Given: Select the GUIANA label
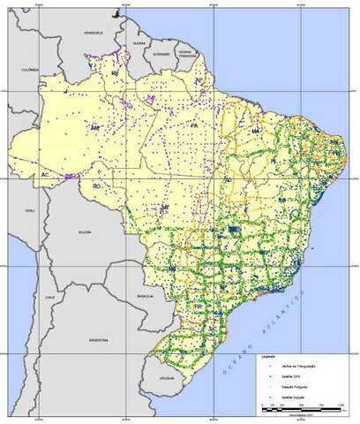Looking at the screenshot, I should pyautogui.click(x=138, y=42).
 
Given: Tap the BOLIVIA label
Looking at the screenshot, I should pyautogui.click(x=85, y=231).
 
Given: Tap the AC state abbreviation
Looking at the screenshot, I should pyautogui.click(x=42, y=175).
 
